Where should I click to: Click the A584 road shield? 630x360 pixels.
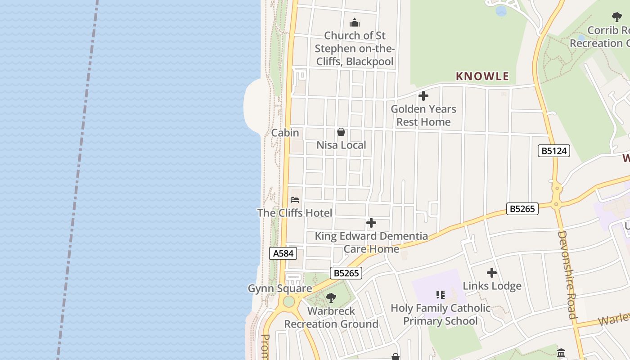click(x=283, y=253)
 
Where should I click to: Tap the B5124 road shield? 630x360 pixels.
click(x=553, y=151)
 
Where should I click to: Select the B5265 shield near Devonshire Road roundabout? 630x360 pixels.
click(x=522, y=209)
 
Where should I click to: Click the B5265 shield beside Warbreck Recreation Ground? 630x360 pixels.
click(x=346, y=273)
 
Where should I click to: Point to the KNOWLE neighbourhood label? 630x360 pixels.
click(x=482, y=76)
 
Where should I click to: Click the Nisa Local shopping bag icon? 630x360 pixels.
click(x=341, y=132)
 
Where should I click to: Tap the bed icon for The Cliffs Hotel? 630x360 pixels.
click(x=295, y=199)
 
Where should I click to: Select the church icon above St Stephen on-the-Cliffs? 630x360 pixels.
click(x=355, y=22)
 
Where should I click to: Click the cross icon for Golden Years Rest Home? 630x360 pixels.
click(x=423, y=96)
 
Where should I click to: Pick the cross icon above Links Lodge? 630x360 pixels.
click(x=492, y=273)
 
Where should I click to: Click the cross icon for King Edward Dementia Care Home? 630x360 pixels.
click(x=371, y=223)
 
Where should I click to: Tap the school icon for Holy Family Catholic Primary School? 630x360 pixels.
click(x=440, y=295)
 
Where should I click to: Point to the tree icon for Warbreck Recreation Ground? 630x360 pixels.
click(x=331, y=297)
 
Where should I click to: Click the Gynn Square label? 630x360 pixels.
click(x=280, y=288)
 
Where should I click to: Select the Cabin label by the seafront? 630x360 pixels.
click(x=285, y=133)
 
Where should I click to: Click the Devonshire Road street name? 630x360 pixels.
click(x=567, y=274)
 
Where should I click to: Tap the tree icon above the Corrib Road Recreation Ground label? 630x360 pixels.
click(x=617, y=17)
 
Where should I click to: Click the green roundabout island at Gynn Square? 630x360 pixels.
click(x=288, y=301)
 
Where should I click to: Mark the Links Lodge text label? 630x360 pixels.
click(x=492, y=286)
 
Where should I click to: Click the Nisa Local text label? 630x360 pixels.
click(x=341, y=145)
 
